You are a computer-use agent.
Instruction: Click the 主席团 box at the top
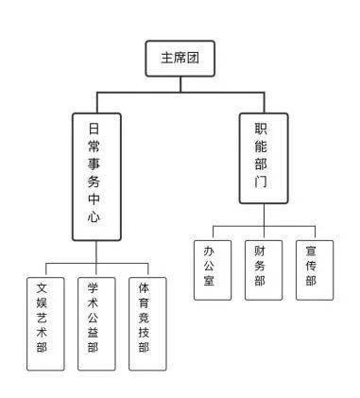pyautogui.click(x=180, y=58)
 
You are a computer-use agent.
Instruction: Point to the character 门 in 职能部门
pyautogui.click(x=261, y=181)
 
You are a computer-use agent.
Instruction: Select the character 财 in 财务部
pyautogui.click(x=261, y=251)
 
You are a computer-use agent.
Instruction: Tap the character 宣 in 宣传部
pyautogui.click(x=312, y=251)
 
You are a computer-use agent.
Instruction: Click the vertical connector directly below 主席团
pyautogui.click(x=180, y=83)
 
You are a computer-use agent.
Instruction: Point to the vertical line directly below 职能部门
pyautogui.click(x=261, y=214)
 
